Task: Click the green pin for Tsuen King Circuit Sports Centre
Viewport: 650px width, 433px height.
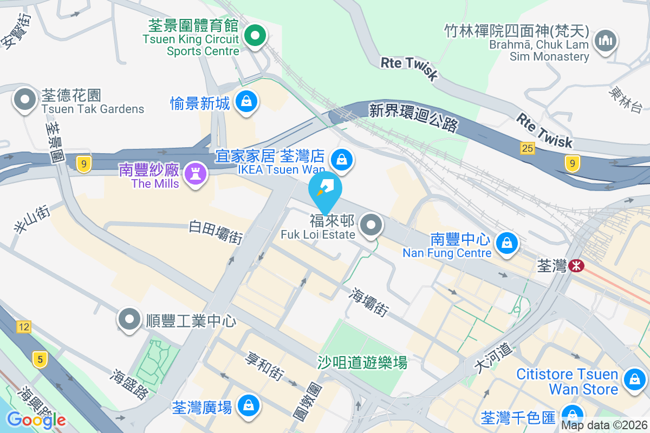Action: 255,37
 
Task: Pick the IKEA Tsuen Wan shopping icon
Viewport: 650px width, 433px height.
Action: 342,159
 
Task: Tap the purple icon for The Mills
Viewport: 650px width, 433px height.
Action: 192,173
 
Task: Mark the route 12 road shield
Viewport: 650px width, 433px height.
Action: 23,326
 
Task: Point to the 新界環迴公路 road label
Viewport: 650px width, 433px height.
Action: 413,118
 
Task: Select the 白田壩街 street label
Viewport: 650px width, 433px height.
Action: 216,231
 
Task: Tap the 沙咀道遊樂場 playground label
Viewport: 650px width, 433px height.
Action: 362,362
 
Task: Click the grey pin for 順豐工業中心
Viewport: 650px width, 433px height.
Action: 129,319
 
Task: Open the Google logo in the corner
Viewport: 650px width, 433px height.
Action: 36,419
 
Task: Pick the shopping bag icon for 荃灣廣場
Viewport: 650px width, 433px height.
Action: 248,405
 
